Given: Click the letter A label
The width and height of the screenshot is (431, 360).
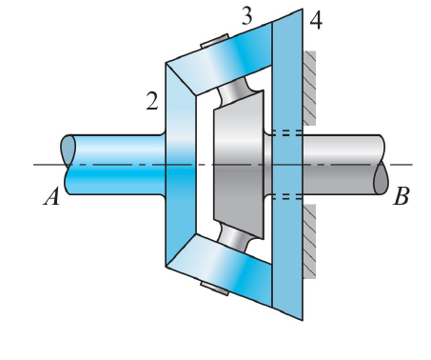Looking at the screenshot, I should click(x=50, y=197).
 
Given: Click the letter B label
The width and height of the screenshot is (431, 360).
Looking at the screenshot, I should click(x=401, y=197).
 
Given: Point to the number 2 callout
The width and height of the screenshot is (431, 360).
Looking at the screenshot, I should click(x=150, y=101).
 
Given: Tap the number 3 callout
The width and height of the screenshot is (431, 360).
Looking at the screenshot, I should click(x=245, y=16).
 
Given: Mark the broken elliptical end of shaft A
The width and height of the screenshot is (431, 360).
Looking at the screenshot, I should click(x=68, y=164).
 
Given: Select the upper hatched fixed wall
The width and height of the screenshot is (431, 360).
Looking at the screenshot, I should click(x=309, y=90).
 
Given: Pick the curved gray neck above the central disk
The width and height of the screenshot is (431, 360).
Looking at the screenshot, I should click(x=234, y=95).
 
